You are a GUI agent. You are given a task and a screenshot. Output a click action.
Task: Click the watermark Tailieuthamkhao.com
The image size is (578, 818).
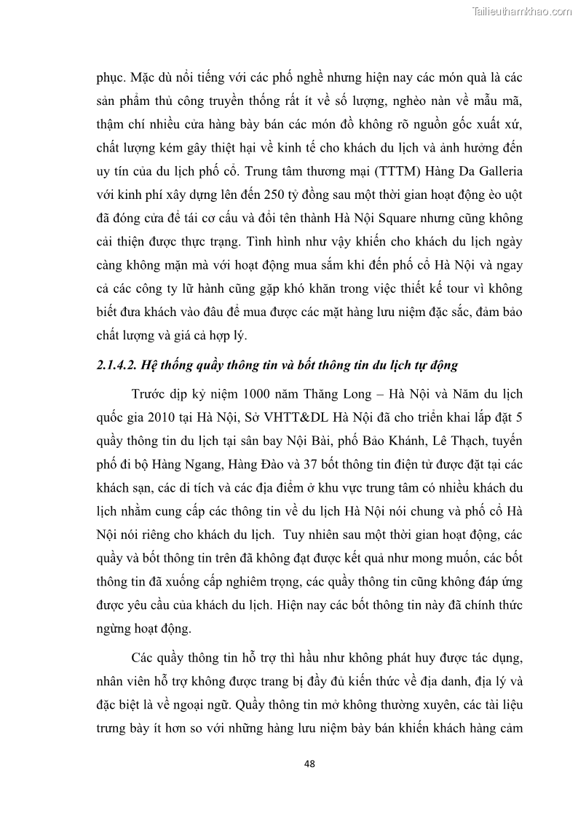click(x=522, y=12)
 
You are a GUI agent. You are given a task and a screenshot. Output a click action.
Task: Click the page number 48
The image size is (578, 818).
click(x=309, y=763)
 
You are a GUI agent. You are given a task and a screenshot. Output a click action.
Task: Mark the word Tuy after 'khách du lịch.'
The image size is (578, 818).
click(x=298, y=536)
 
